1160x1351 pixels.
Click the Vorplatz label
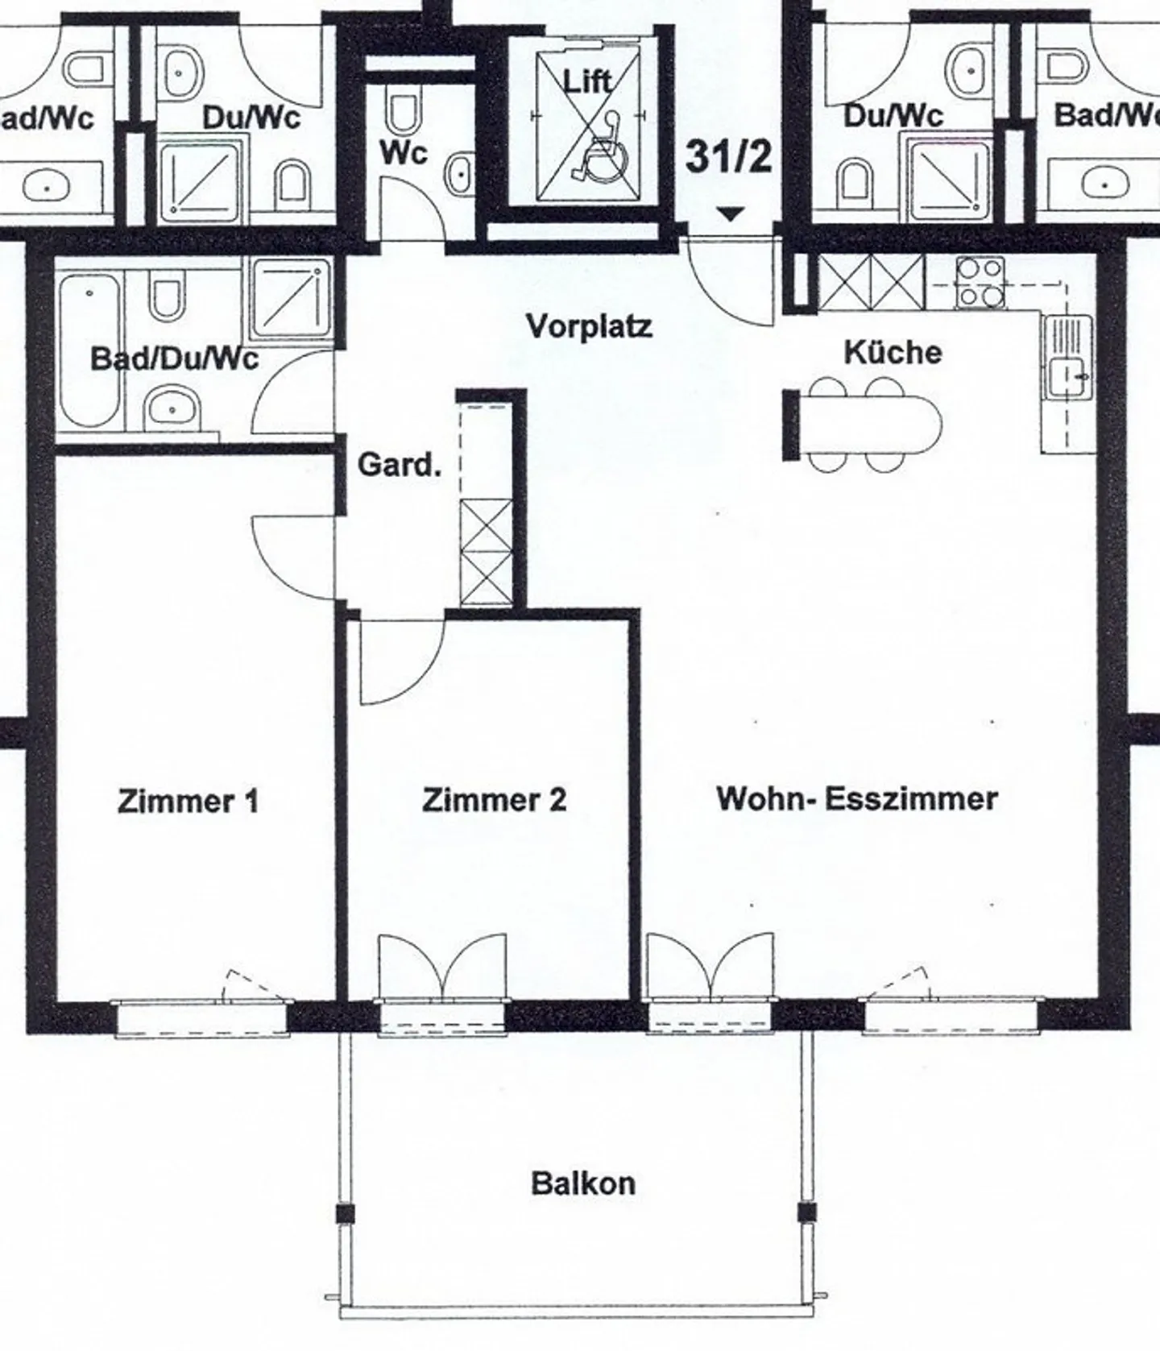(x=589, y=326)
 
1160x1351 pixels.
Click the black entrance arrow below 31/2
(x=730, y=214)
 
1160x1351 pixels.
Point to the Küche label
(x=893, y=352)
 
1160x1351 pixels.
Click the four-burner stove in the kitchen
(x=980, y=283)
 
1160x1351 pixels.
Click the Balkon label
(x=582, y=1183)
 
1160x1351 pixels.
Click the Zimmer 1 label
(x=188, y=802)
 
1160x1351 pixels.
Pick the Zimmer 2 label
(x=494, y=800)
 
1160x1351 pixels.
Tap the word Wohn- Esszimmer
(x=857, y=798)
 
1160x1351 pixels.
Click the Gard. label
(x=399, y=465)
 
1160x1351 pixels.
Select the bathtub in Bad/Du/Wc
(x=90, y=350)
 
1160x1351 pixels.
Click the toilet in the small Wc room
(x=402, y=113)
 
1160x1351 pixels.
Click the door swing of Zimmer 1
(x=290, y=556)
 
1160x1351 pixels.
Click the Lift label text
(x=586, y=81)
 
